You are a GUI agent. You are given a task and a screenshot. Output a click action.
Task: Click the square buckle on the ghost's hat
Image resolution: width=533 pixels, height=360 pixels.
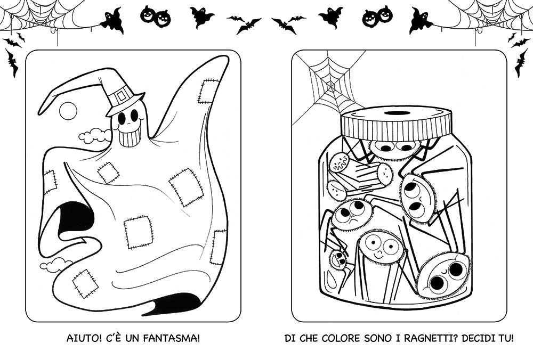click(x=122, y=96)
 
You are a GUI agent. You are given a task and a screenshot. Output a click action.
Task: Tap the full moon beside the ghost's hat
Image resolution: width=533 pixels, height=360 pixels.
click(x=68, y=110)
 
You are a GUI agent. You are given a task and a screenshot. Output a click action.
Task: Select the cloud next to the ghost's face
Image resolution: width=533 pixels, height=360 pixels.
click(x=94, y=135)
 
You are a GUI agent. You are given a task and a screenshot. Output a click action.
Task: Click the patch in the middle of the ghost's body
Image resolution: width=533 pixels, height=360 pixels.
click(x=139, y=232)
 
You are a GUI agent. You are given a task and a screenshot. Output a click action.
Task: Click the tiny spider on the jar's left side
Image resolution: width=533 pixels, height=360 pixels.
click(x=338, y=260)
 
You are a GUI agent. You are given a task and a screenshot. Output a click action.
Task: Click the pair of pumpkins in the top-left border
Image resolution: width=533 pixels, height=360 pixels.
click(x=156, y=16)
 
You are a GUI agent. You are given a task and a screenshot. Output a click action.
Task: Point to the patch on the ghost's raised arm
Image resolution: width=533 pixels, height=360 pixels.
click(x=208, y=91)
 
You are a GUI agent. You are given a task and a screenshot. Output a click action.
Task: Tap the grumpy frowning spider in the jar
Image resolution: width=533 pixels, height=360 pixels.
click(x=352, y=214)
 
